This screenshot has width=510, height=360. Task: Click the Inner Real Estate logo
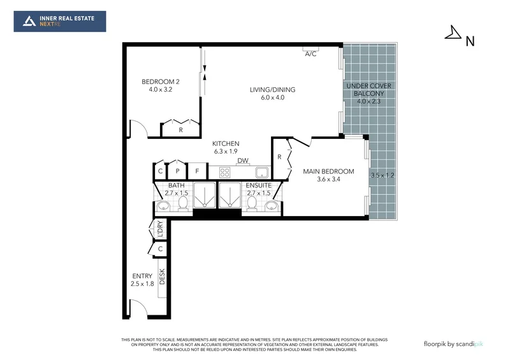(60, 22)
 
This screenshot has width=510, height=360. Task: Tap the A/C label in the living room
(310, 54)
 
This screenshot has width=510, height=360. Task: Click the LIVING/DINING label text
(272, 90)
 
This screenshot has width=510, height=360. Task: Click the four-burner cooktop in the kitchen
(224, 171)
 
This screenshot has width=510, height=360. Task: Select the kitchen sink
(262, 171)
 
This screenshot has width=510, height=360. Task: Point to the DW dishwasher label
(243, 161)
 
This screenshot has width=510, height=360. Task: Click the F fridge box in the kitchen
(198, 171)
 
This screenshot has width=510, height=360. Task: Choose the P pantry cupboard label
(177, 171)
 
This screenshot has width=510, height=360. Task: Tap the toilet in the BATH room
(183, 203)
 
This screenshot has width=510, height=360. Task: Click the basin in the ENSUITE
(272, 205)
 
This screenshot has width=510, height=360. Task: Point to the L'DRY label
(161, 229)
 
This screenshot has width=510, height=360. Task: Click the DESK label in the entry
(162, 276)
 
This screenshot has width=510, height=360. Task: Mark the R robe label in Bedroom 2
(181, 130)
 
